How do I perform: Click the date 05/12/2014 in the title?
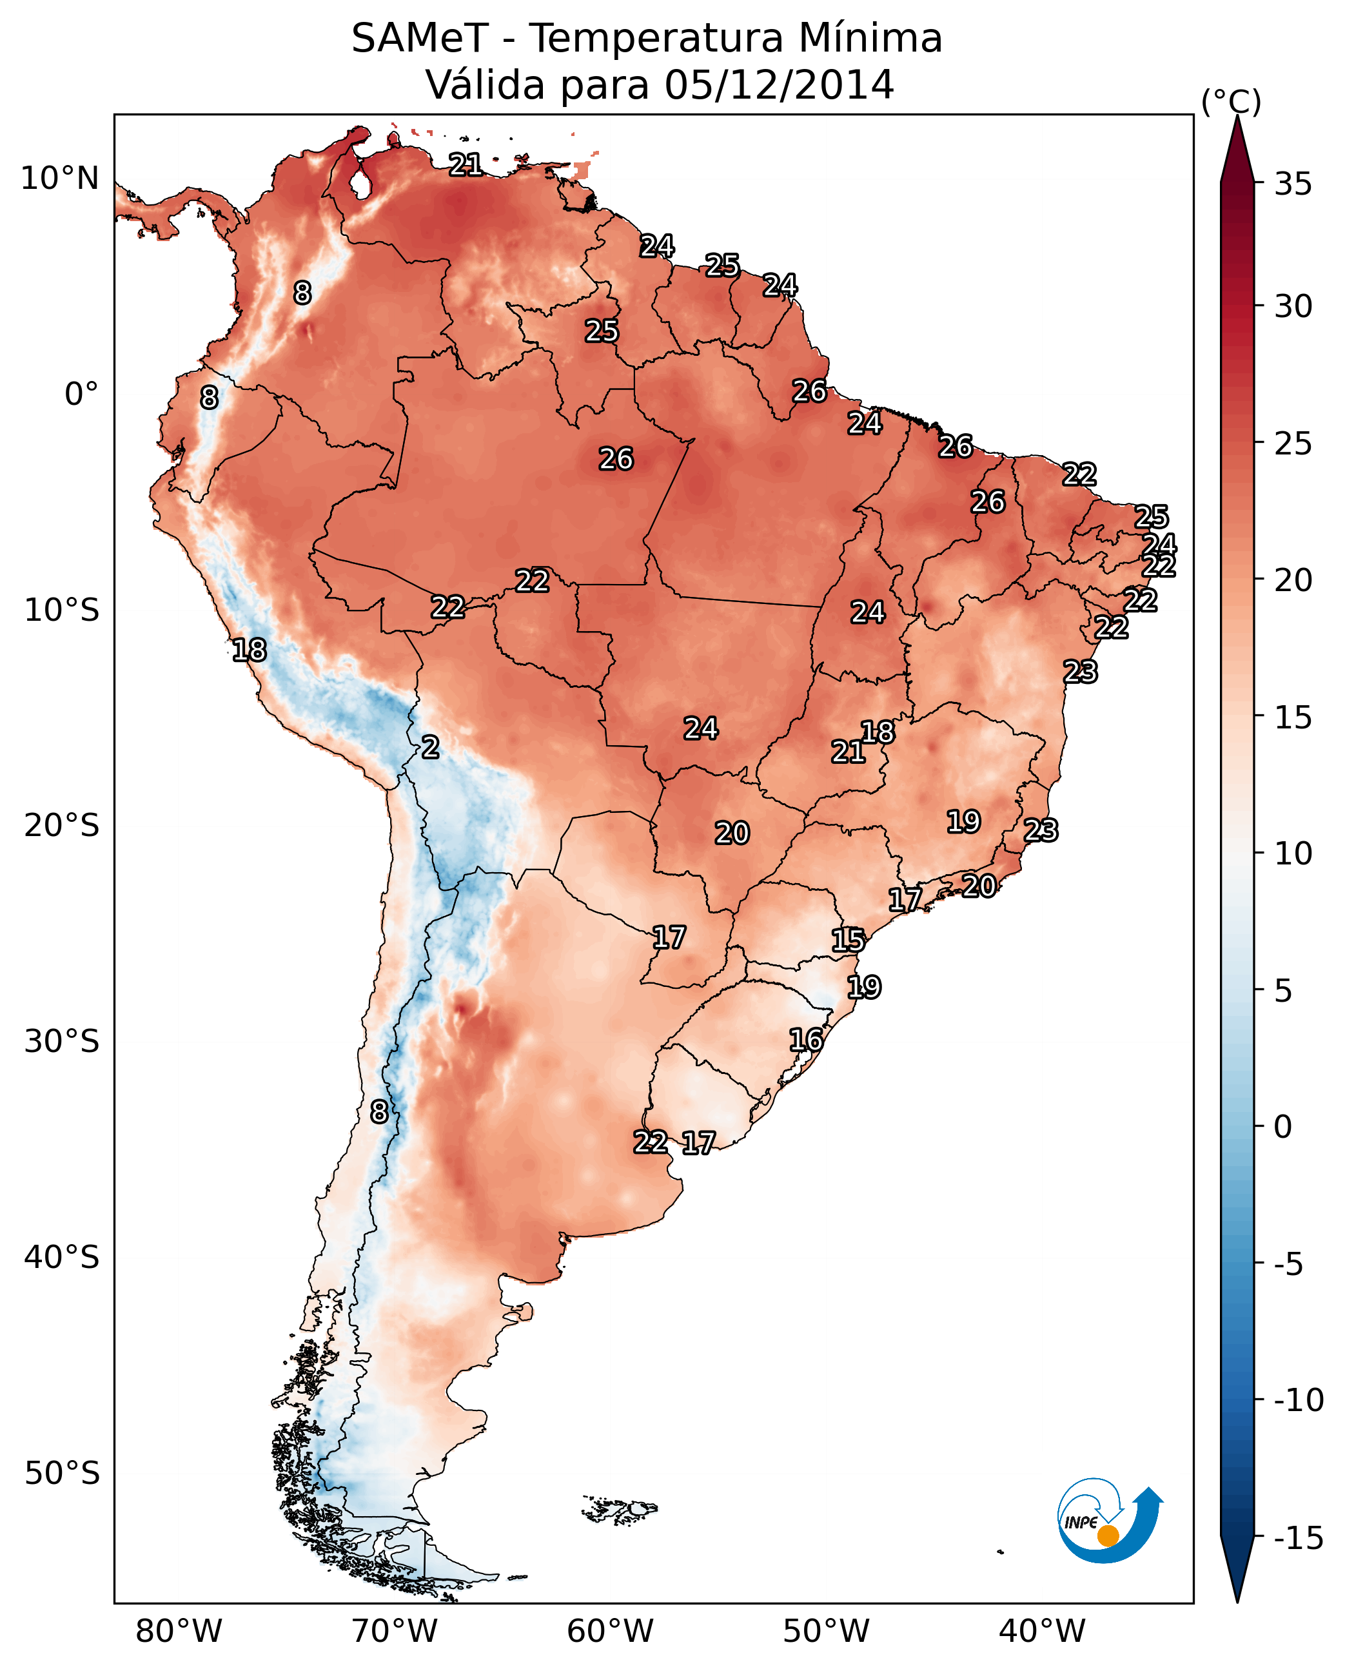pos(779,84)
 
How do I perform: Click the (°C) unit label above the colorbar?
pos(1231,101)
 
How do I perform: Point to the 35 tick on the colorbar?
pos(1293,184)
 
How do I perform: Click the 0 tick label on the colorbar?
pos(1283,1126)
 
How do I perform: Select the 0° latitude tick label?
pos(81,395)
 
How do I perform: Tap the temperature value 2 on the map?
pos(430,748)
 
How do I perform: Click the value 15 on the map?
pos(848,941)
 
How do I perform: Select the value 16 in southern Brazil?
pos(806,1040)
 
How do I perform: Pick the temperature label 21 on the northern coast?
pos(466,164)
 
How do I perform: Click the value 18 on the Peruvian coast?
pos(250,650)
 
